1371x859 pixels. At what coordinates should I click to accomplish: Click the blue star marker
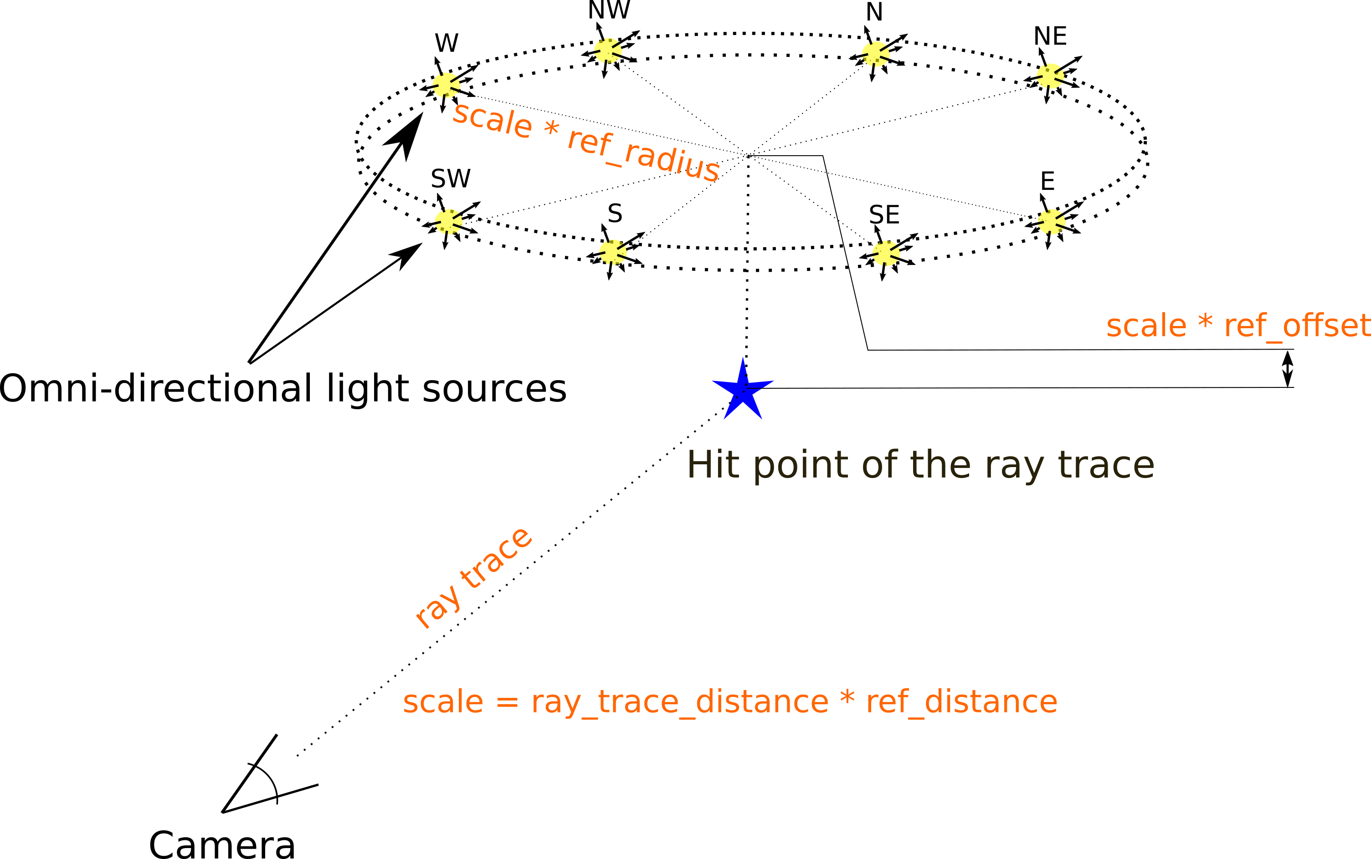(743, 391)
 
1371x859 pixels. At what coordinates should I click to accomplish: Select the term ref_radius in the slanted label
(644, 156)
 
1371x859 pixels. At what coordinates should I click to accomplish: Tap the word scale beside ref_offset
(1146, 326)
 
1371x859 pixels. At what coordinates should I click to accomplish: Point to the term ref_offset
(1297, 326)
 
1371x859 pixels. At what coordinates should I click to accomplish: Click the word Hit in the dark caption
(713, 465)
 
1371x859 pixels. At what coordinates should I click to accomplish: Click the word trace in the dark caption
(1105, 465)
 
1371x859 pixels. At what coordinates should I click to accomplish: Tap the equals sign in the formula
(507, 702)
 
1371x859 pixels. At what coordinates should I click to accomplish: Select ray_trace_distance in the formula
(679, 703)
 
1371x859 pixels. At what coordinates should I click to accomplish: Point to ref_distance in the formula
(961, 703)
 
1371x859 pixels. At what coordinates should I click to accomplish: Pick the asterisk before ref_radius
(550, 129)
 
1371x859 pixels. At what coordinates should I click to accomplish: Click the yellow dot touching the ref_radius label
(446, 85)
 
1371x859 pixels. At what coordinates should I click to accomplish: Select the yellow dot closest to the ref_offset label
(1052, 222)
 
